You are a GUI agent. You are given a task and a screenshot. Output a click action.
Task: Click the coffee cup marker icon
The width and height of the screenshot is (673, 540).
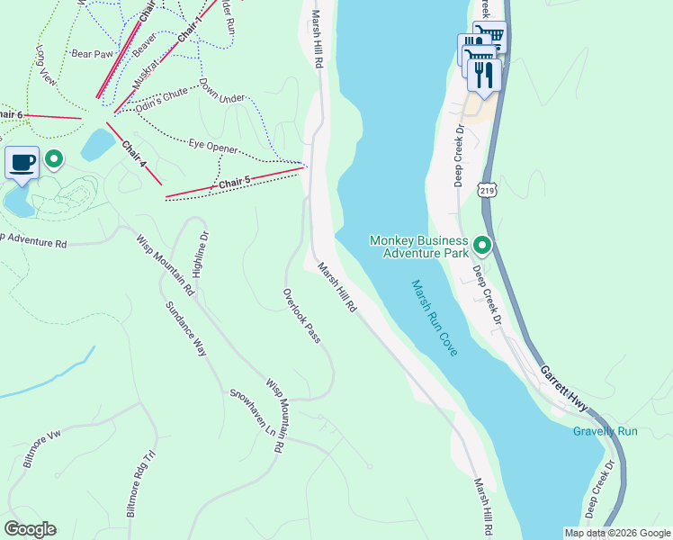tap(22, 163)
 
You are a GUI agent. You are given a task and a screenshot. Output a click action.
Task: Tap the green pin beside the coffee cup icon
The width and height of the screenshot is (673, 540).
tap(54, 160)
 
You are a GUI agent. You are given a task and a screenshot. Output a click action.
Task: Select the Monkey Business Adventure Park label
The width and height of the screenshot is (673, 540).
tap(419, 247)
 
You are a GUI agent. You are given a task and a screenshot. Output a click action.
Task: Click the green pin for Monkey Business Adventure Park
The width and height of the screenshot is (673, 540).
tap(482, 245)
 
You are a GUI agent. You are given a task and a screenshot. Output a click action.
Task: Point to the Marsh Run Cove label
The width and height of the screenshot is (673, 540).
tap(435, 317)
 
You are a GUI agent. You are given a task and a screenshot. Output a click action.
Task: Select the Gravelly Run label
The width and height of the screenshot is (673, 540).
tap(605, 431)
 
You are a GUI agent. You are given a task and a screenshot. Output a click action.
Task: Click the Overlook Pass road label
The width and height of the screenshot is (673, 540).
tap(301, 316)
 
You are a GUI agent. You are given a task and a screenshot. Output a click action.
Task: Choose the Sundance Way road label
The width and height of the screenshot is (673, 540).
tap(186, 328)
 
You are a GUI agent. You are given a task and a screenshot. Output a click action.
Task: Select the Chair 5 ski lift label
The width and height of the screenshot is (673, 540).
tap(234, 183)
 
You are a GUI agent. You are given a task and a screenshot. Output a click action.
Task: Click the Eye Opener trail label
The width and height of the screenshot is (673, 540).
tap(213, 147)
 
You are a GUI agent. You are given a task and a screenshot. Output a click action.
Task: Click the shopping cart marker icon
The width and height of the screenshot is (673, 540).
tap(489, 37)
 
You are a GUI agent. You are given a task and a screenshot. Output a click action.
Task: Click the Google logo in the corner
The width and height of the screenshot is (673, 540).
tap(30, 529)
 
